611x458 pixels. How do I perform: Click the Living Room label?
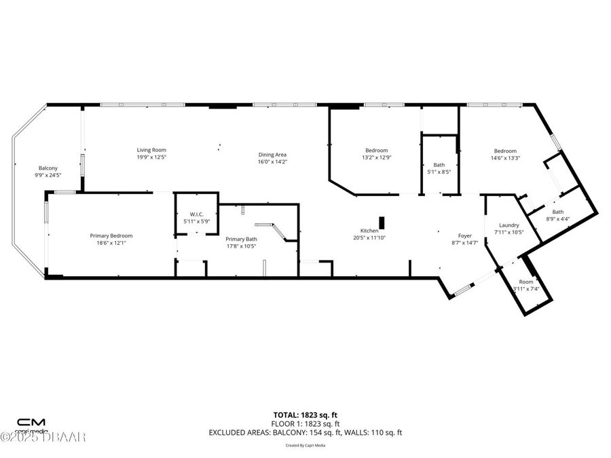point(151,150)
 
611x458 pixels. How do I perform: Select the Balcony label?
point(48,168)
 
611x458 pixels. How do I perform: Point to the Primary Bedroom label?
point(109,235)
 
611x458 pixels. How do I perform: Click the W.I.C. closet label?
point(197,214)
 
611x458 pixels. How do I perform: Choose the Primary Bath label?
point(241,239)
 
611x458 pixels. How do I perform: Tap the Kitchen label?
point(369,231)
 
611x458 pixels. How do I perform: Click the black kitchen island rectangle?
point(382,223)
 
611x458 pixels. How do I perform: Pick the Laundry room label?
point(508,225)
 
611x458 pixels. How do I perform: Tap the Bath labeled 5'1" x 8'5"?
point(439,165)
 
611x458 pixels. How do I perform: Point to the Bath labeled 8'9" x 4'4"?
point(557,212)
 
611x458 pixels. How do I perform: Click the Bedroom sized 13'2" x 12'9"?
point(376,151)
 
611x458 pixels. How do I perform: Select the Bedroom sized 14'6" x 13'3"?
point(504,151)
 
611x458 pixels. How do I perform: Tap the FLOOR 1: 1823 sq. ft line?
point(305,423)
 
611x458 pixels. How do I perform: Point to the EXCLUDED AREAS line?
point(305,432)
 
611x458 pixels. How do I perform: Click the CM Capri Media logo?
point(31,425)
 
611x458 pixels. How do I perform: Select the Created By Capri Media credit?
point(305,445)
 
